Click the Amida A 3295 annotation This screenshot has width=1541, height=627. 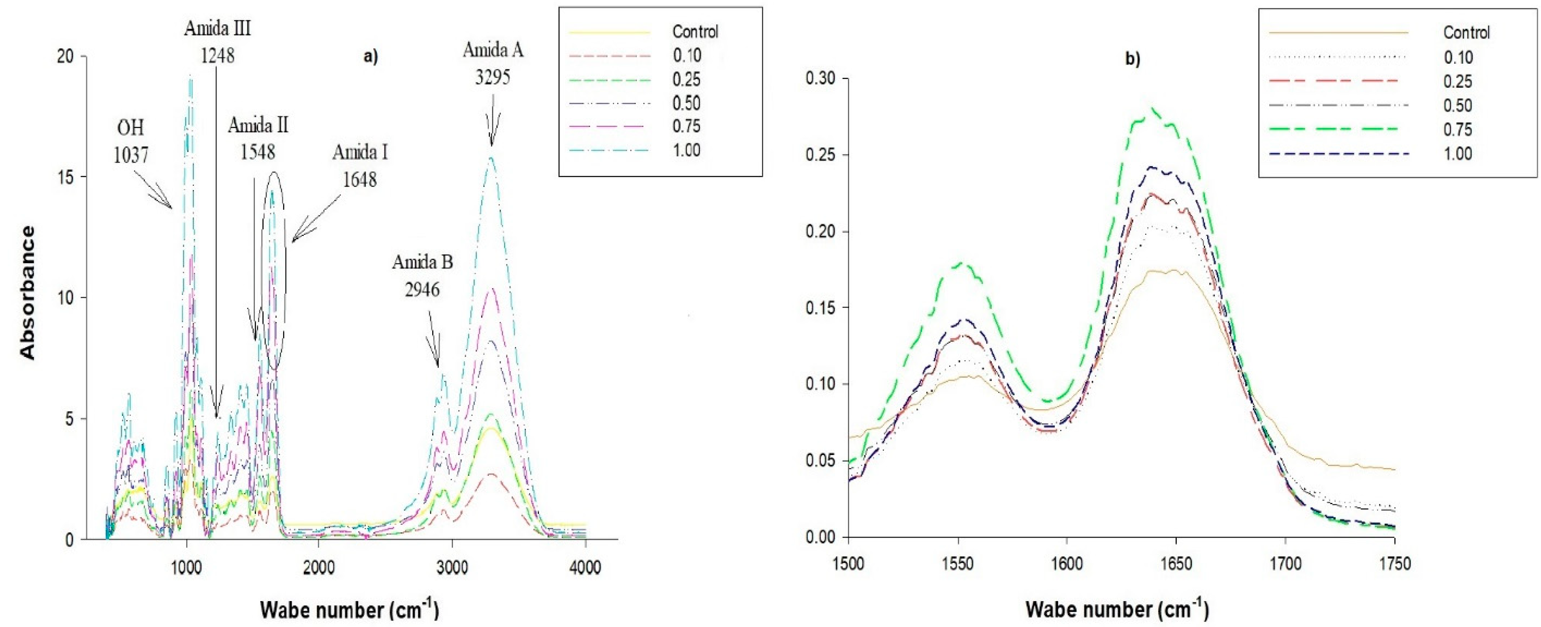pos(493,64)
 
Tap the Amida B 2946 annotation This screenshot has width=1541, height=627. pos(423,276)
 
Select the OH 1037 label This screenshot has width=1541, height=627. pos(130,142)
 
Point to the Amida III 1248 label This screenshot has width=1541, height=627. pos(217,42)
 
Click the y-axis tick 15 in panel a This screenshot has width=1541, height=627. pos(67,177)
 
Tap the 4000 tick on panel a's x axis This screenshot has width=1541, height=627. pos(585,568)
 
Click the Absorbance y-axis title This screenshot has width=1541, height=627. pos(28,292)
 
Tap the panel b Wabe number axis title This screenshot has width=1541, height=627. pos(1117,609)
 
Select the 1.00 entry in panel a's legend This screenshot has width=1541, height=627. pos(685,150)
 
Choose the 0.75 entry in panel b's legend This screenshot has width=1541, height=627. pos(1457,129)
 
